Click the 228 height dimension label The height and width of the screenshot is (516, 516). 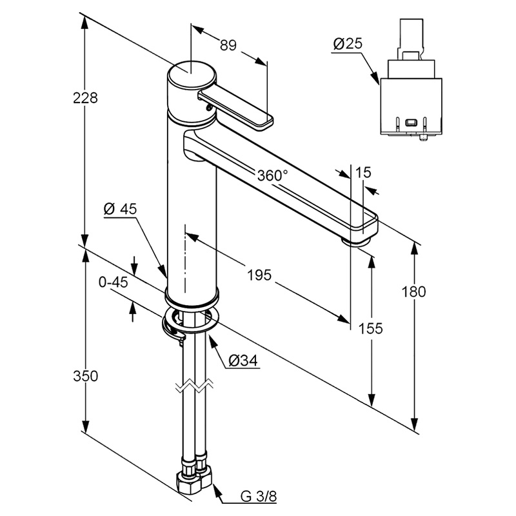pyautogui.click(x=85, y=97)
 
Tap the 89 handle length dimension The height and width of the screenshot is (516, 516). pyautogui.click(x=228, y=45)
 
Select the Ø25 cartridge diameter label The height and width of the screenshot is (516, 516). pyautogui.click(x=348, y=44)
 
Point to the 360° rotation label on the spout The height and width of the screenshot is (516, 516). pyautogui.click(x=272, y=175)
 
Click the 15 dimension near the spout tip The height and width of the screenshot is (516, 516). pyautogui.click(x=364, y=172)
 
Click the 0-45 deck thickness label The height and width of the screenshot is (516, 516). pyautogui.click(x=113, y=282)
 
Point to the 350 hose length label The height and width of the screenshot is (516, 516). pyautogui.click(x=85, y=376)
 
